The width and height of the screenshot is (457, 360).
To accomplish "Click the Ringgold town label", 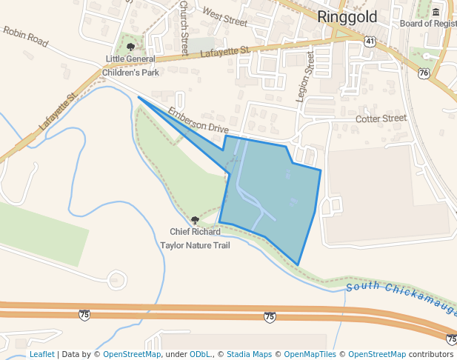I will click(347, 17).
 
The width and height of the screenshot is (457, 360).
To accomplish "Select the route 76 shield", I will click(423, 73).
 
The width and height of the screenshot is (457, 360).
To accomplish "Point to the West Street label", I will click(224, 16).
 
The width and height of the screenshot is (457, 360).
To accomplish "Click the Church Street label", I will click(184, 28).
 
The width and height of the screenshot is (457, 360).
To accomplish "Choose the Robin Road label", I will click(25, 37).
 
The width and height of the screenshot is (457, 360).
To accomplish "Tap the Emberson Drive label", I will click(198, 119).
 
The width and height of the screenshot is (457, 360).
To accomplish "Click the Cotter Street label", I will click(381, 119).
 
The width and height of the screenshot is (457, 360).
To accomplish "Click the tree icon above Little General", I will click(131, 47).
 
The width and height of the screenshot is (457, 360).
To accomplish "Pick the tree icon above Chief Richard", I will click(195, 220).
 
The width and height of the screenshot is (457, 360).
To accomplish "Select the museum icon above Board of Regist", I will click(434, 13).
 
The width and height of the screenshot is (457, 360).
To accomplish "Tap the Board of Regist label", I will click(427, 24).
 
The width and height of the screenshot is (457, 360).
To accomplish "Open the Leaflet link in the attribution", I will click(41, 354).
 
